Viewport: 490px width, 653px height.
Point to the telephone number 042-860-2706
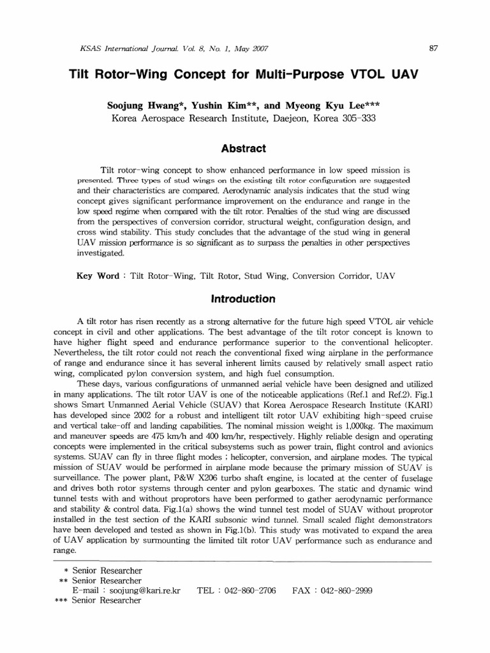pos(250,591)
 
